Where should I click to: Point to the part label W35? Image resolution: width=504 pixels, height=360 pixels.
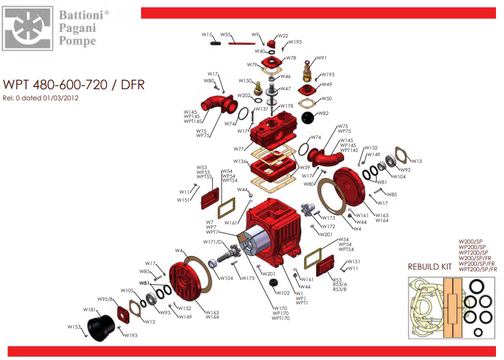pyautogui.click(x=225, y=34)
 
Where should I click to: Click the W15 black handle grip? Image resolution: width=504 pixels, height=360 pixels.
pyautogui.click(x=216, y=43)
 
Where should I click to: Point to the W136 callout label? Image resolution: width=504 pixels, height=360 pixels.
pyautogui.click(x=239, y=161)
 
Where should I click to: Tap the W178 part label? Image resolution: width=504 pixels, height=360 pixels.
pyautogui.click(x=287, y=106)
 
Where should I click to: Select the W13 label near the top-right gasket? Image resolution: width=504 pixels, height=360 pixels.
pyautogui.click(x=417, y=161)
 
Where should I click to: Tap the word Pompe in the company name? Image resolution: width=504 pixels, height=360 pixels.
pyautogui.click(x=78, y=41)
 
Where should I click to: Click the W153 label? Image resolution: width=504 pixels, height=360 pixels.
pyautogui.click(x=73, y=327)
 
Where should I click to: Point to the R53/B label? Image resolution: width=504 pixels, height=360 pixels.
pyautogui.click(x=340, y=289)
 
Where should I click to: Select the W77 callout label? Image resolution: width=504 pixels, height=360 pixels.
pyautogui.click(x=239, y=148)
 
